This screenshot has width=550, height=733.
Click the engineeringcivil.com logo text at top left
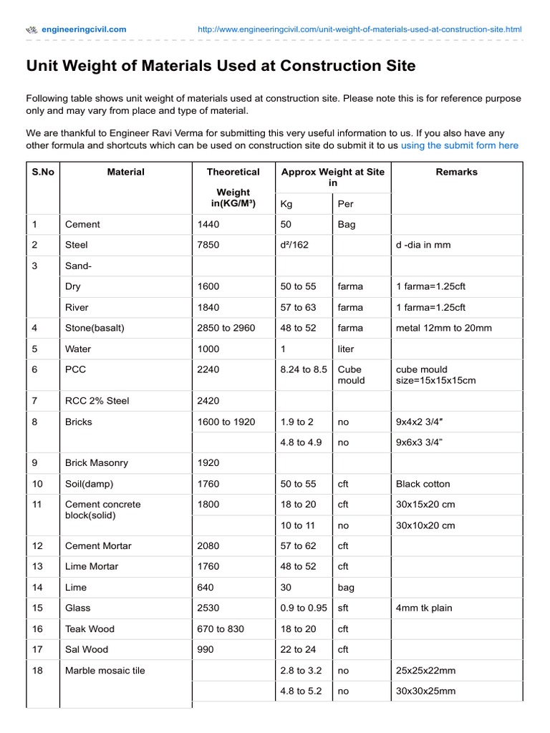84,29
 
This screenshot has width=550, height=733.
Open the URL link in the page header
360,29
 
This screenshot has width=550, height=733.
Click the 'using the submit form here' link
459,145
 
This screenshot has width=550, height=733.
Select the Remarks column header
456,172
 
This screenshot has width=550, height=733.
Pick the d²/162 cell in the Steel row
294,245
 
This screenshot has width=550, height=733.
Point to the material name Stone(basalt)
95,328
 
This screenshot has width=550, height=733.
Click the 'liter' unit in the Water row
346,349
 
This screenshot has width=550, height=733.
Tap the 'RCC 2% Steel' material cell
97,401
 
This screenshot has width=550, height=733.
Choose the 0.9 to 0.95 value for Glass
304,608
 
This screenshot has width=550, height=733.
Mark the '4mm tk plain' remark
424,608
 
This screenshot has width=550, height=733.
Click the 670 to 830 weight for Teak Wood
221,628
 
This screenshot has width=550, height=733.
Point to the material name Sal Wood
87,649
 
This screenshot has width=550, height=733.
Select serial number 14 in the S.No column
38,587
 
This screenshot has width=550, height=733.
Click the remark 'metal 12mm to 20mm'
444,328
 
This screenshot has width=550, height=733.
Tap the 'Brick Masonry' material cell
96,463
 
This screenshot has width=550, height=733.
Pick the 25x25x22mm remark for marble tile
425,671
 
